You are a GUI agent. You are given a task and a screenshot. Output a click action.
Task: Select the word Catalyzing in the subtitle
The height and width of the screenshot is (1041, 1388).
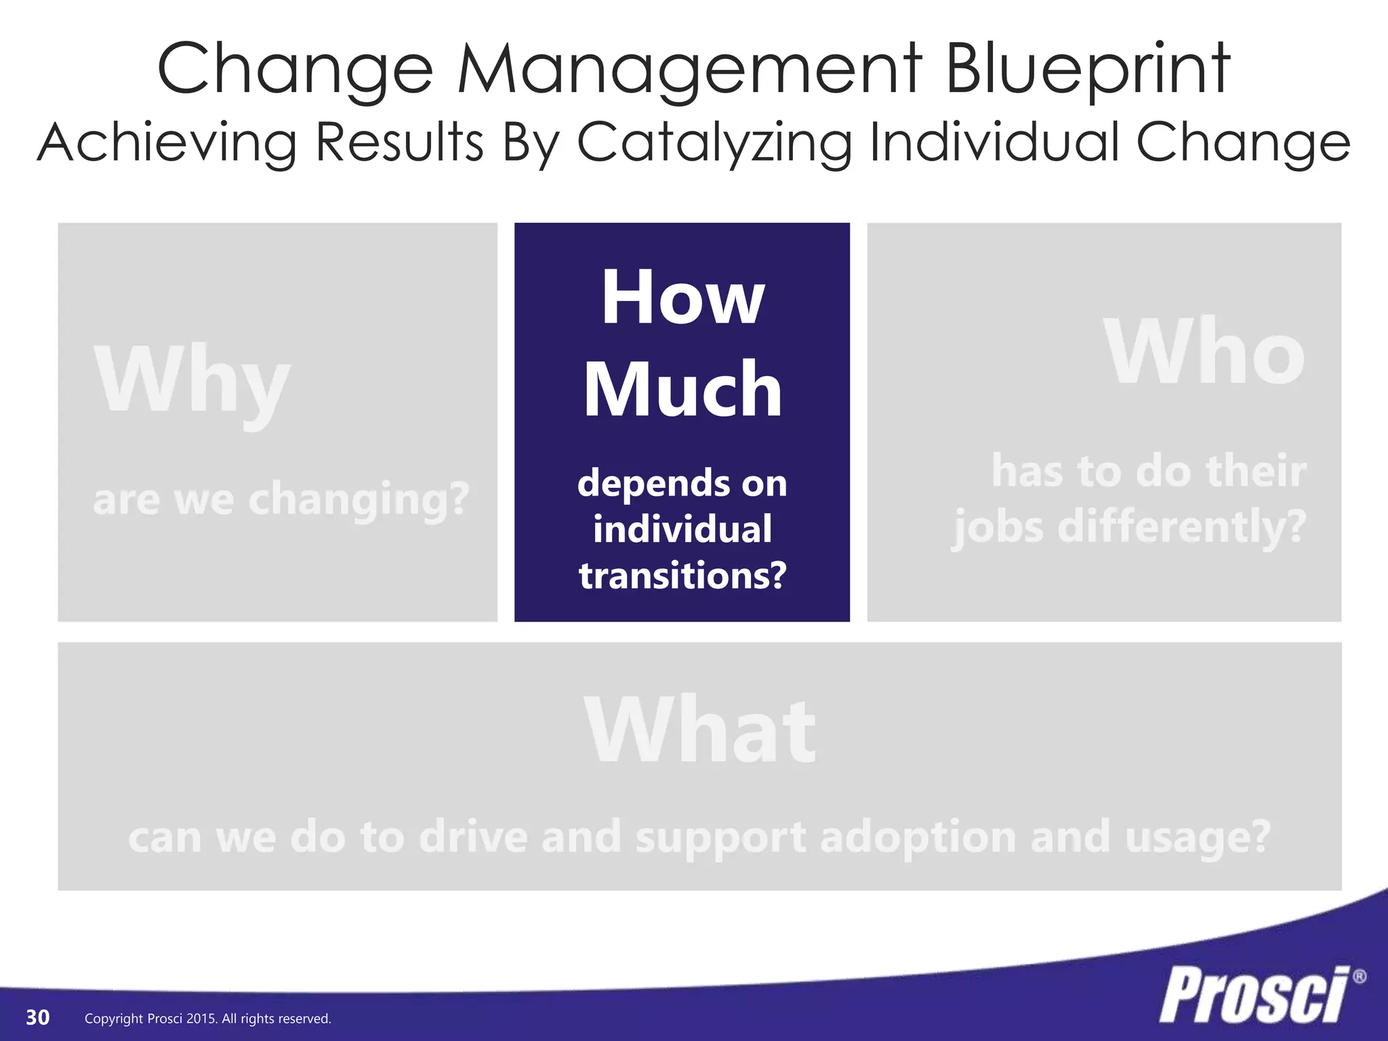[714, 143]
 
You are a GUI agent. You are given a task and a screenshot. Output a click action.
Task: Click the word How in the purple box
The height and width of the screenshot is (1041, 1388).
[682, 298]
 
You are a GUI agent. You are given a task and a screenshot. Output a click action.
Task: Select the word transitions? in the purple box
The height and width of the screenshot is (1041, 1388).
[682, 576]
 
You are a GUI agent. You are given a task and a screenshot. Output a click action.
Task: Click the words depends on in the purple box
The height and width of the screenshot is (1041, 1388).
[682, 483]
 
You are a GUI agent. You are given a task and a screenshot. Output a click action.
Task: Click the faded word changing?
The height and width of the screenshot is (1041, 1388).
[359, 500]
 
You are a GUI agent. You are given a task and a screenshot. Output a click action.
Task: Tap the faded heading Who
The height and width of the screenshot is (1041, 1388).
[1204, 352]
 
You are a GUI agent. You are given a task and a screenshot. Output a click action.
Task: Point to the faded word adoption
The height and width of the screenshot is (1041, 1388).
[918, 838]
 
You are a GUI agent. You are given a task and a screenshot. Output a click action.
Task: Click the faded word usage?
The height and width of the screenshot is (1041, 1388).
[1198, 838]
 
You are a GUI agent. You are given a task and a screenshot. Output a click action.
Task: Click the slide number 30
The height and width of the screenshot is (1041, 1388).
[37, 1017]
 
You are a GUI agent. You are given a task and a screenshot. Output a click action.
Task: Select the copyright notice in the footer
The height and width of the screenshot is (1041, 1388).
[207, 1019]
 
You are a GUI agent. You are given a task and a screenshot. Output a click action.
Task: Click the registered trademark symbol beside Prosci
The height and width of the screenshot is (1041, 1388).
[1359, 977]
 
